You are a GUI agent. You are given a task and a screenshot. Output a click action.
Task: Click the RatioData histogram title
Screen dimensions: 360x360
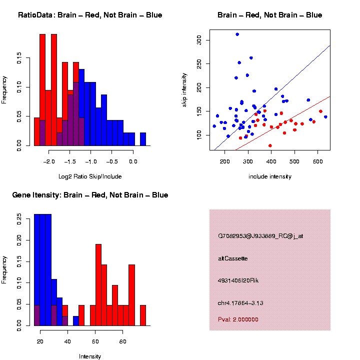tap(90, 15)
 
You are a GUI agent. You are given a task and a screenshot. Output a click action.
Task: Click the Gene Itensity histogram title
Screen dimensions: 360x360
tap(90, 195)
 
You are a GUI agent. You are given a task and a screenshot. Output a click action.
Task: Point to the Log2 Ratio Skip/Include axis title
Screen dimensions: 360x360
tap(90, 176)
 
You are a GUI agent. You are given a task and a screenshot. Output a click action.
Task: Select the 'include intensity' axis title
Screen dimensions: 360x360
tap(270, 176)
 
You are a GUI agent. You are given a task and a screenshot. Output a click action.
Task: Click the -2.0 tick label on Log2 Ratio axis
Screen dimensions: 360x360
tap(49, 162)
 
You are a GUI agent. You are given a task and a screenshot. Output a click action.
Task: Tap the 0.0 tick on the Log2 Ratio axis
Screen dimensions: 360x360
tap(133, 162)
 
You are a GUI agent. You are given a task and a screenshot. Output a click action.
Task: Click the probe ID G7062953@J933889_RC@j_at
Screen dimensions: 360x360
tap(260, 235)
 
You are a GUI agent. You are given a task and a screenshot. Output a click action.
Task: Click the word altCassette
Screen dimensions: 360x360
tap(233, 258)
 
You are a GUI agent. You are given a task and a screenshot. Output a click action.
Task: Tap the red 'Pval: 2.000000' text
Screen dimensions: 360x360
tap(238, 319)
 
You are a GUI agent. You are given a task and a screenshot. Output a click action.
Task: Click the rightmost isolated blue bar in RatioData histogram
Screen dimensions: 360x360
tap(143, 140)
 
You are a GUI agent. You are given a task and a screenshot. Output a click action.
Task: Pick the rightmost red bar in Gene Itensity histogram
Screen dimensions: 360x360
tap(143, 315)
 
